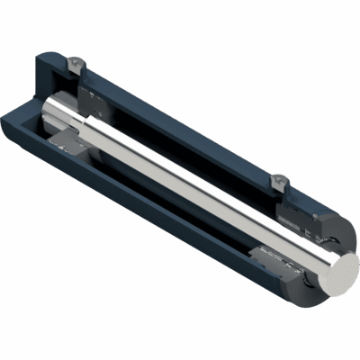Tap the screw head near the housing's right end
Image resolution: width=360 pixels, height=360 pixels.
278,182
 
